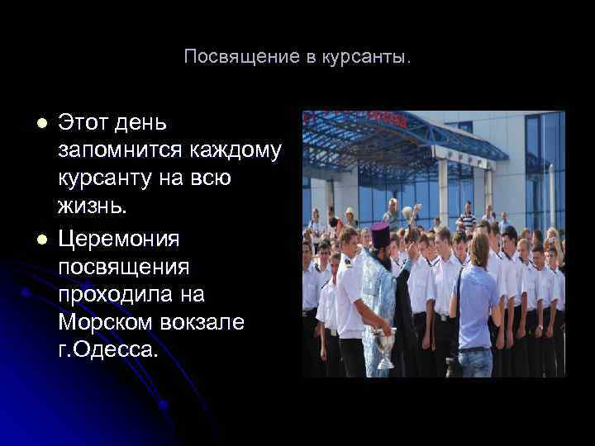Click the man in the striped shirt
pyautogui.click(x=467, y=219)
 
